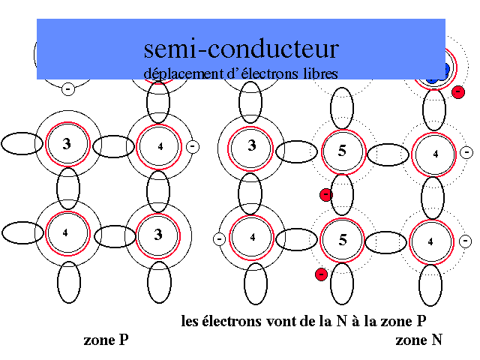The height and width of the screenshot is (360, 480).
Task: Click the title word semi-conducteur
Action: click(241, 49)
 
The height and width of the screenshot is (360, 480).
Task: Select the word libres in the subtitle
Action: click(318, 73)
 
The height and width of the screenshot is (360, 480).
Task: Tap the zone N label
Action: click(418, 340)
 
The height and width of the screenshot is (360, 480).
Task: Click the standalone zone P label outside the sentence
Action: click(106, 340)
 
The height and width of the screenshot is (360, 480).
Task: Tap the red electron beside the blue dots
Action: click(457, 91)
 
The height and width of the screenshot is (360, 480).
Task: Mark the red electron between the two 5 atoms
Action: click(325, 195)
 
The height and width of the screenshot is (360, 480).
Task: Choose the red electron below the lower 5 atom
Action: click(321, 274)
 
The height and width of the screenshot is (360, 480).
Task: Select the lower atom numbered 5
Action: click(343, 240)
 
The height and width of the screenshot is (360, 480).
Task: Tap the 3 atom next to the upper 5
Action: click(252, 145)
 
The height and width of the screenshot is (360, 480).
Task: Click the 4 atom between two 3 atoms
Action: click(160, 145)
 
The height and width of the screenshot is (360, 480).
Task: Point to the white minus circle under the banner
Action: click(67, 88)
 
